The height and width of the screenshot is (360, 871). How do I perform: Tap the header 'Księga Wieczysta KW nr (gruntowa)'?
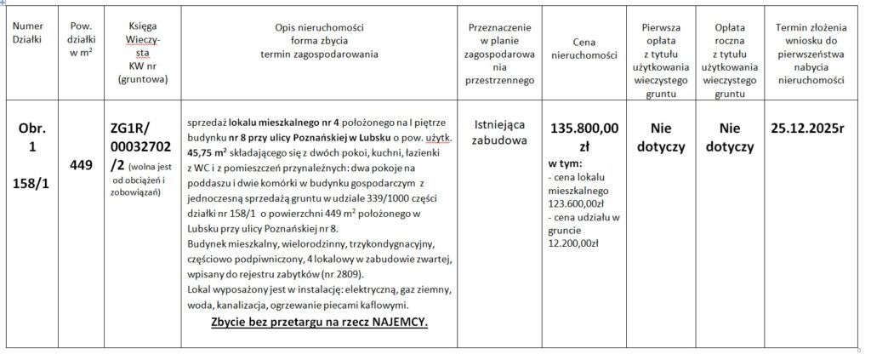142,53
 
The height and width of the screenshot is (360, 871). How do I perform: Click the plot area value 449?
81,165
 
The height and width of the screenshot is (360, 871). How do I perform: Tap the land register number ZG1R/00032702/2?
141,145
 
